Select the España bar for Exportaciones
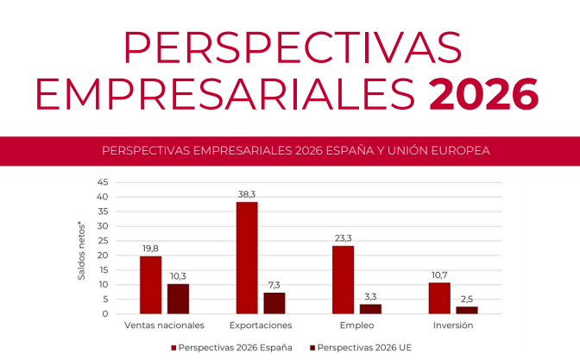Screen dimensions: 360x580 point(247,257)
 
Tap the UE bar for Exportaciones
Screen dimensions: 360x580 point(274,303)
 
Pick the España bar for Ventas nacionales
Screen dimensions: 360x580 point(151,285)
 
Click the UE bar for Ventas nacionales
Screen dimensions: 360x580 point(179,299)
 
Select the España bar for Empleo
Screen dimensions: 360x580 point(344,280)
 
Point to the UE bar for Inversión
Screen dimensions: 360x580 point(467,310)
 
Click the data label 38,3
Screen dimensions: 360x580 point(247,194)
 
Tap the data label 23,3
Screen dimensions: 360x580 point(344,238)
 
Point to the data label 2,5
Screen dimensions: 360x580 point(467,299)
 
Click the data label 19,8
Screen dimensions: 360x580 point(151,249)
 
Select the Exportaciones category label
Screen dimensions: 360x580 point(261,325)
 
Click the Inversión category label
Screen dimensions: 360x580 point(453,325)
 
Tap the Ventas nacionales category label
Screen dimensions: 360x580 point(164,325)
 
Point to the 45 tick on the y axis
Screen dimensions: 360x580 point(103,182)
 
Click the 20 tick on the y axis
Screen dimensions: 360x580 point(103,256)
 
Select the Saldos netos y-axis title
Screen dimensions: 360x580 point(82,250)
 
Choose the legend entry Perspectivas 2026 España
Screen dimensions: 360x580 point(232,347)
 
